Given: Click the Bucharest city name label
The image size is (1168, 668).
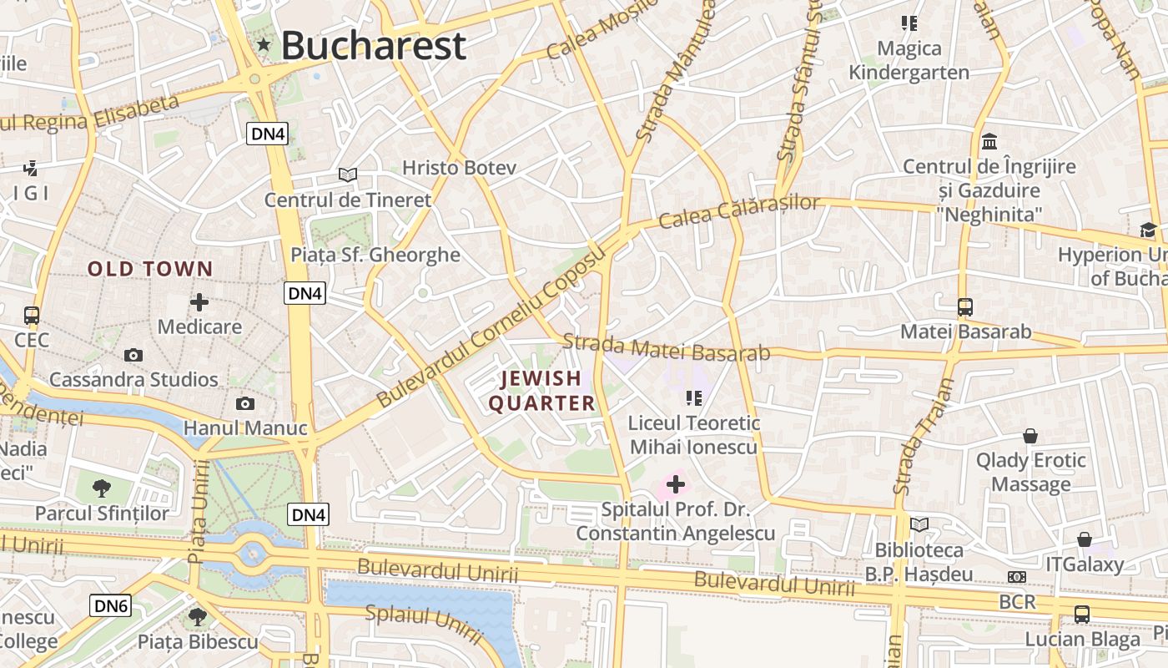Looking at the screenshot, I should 373,45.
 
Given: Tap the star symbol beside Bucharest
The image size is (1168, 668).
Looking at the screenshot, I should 264,44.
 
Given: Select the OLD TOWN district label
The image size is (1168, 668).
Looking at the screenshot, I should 151,269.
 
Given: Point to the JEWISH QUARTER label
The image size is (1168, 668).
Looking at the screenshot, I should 541,391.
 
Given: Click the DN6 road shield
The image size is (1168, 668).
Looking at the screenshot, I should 111,606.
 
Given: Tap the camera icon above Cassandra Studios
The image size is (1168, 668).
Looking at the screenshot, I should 133,356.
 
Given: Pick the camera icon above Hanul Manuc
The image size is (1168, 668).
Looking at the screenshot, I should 245,404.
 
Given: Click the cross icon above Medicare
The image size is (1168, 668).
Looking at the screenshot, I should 199,302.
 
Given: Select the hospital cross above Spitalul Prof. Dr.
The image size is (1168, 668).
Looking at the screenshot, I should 676,484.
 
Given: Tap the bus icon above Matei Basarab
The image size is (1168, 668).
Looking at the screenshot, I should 965,307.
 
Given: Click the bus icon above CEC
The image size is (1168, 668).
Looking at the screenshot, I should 32,316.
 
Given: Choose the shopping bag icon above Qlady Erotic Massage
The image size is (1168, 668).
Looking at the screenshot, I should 1031,436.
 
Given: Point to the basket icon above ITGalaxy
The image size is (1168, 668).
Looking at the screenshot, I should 1085,540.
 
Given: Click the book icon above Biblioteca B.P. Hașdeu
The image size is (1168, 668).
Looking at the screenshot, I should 919,525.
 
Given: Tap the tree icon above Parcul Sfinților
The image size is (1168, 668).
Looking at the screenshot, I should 102,488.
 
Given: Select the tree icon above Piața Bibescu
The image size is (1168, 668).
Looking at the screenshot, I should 198,617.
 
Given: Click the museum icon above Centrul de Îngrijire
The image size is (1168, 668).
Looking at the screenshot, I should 990,141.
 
